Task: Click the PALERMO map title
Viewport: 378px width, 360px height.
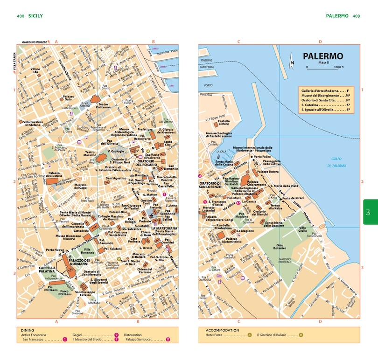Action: tap(322, 56)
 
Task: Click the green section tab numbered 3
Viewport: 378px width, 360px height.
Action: tap(369, 212)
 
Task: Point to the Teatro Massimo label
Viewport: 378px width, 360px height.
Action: tap(90, 154)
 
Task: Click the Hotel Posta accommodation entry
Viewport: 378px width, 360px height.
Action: tap(221, 335)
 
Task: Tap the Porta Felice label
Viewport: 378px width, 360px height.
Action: tap(261, 157)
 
